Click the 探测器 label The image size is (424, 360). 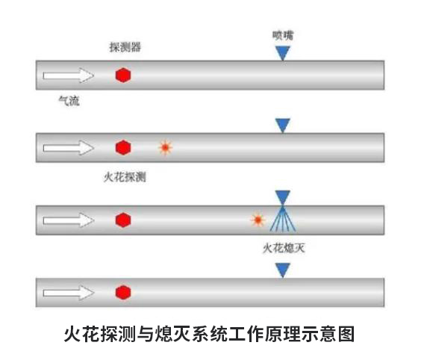point(125,47)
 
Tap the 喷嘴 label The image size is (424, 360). point(283,35)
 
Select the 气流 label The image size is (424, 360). point(69,101)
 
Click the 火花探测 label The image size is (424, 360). point(125,177)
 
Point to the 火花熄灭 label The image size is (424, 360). point(284,248)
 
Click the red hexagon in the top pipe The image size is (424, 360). point(123,75)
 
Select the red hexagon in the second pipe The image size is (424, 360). point(123,147)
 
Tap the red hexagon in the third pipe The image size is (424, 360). point(123,220)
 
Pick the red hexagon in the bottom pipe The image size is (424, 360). point(123,292)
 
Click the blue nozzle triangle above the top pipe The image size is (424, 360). point(283,52)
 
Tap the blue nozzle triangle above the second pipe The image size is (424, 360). point(283,125)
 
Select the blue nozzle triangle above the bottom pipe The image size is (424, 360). point(283,270)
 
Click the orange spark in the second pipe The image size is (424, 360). point(166,148)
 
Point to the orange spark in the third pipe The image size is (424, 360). point(258,220)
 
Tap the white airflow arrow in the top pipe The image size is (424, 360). point(69,75)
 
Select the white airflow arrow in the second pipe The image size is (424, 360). point(69,148)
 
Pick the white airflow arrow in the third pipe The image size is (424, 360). point(69,220)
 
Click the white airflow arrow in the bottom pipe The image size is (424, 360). point(69,293)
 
